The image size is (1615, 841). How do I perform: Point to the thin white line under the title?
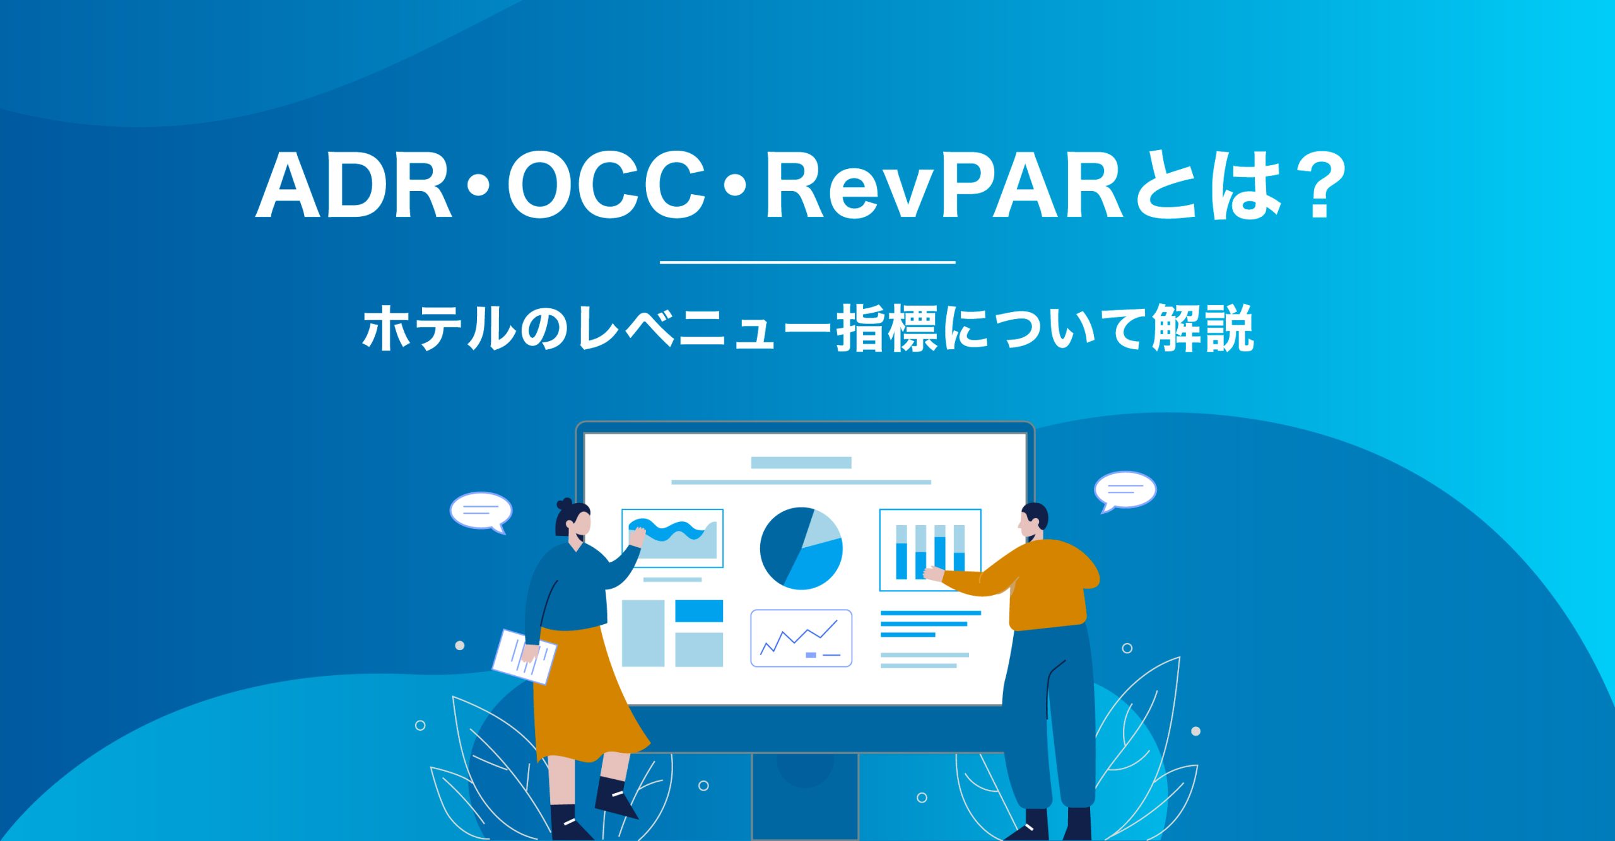(807, 262)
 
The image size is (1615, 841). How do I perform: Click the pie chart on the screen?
(801, 548)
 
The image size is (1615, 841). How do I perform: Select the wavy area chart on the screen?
(672, 538)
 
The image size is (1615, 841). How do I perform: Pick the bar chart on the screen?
(930, 550)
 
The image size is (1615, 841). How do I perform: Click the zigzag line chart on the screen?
(801, 638)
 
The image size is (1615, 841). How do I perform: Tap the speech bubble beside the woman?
(481, 511)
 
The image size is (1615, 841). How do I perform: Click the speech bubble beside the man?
(1125, 490)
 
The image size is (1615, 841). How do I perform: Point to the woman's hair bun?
(564, 504)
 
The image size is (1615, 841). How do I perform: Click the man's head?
(1033, 520)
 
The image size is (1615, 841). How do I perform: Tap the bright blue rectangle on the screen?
(699, 611)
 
